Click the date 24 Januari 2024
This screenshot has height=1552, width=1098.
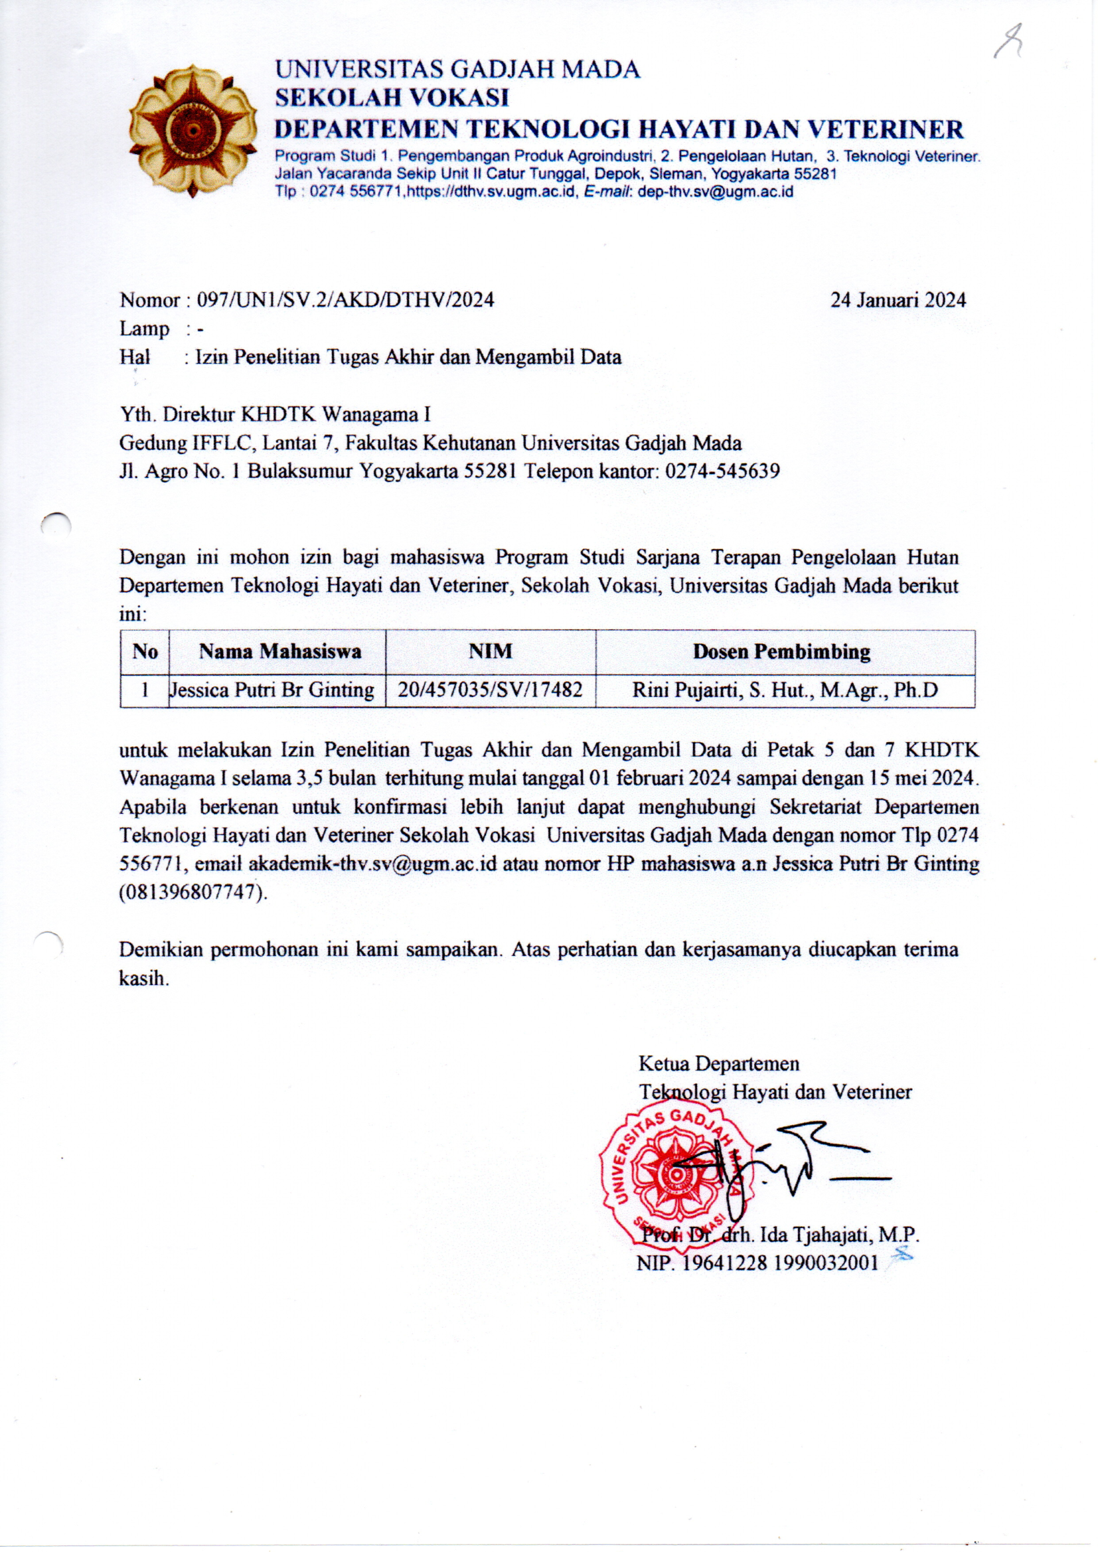tap(898, 300)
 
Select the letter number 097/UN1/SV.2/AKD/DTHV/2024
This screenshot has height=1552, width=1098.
tap(345, 300)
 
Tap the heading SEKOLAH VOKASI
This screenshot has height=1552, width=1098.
tap(392, 98)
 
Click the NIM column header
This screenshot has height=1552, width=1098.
tap(490, 652)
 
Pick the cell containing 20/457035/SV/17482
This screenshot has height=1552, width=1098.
tap(490, 690)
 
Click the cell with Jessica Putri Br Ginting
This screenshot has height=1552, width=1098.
tap(273, 690)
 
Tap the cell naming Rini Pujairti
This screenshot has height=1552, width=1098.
tap(785, 690)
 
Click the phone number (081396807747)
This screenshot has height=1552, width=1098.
tap(193, 892)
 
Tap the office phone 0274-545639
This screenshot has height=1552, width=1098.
tap(722, 471)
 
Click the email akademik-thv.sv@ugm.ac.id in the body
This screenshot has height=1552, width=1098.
tap(372, 864)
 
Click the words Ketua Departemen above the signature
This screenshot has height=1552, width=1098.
tap(719, 1064)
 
